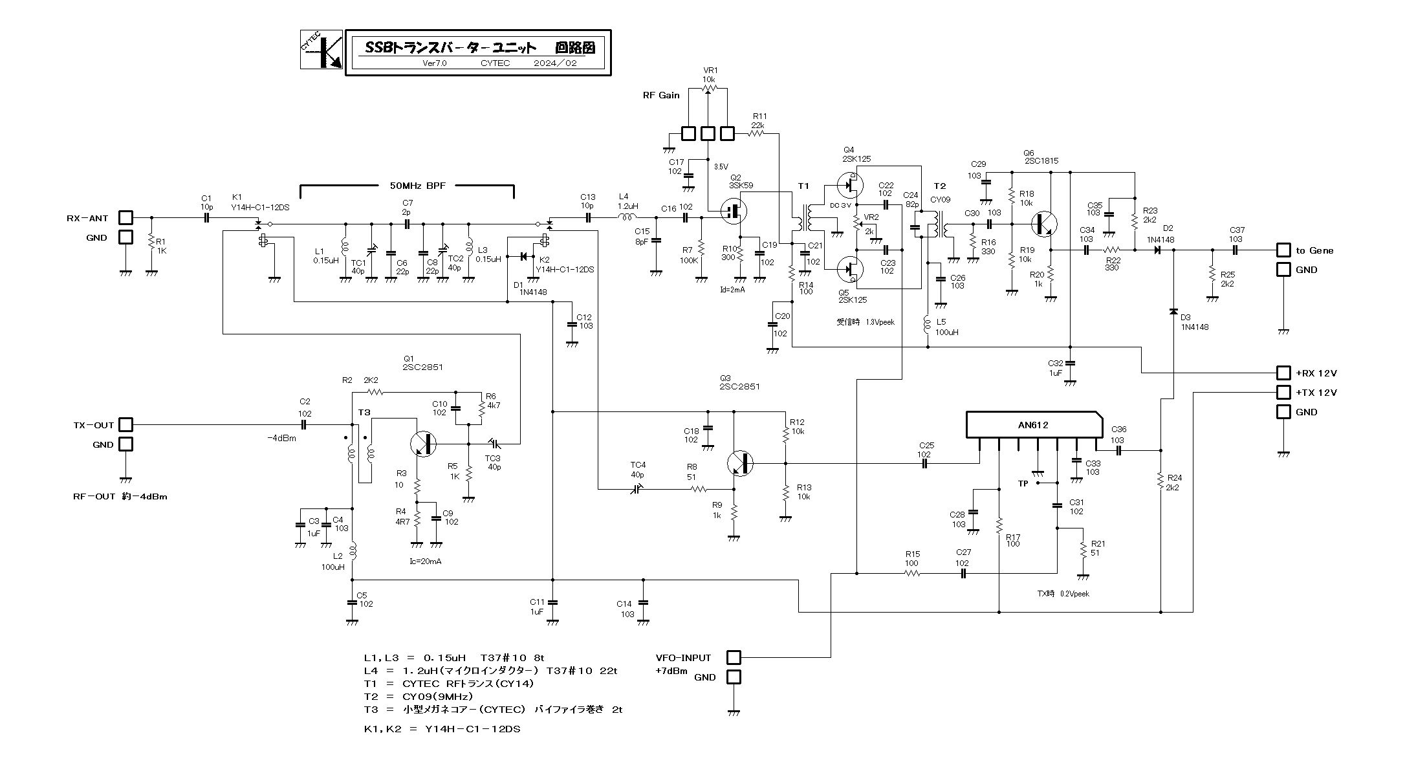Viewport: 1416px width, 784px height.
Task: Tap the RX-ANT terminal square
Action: (125, 218)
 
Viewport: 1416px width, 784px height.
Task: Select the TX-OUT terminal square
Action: (125, 425)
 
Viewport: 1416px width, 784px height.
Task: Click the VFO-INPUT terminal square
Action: (734, 658)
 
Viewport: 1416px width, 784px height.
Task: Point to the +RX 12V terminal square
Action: (1283, 373)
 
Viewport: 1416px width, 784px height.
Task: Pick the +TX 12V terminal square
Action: (1283, 393)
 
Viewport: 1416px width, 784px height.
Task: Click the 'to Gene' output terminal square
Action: (1283, 250)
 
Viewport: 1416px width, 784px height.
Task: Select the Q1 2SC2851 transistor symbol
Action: (423, 444)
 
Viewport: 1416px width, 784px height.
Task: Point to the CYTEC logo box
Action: (321, 50)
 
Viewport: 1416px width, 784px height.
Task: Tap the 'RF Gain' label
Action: (661, 95)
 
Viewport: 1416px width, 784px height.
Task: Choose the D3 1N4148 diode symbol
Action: (1173, 312)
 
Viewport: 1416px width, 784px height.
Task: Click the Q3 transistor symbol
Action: (740, 464)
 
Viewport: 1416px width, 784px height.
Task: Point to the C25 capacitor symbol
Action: (925, 464)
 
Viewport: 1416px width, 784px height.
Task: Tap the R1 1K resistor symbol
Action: (151, 244)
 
